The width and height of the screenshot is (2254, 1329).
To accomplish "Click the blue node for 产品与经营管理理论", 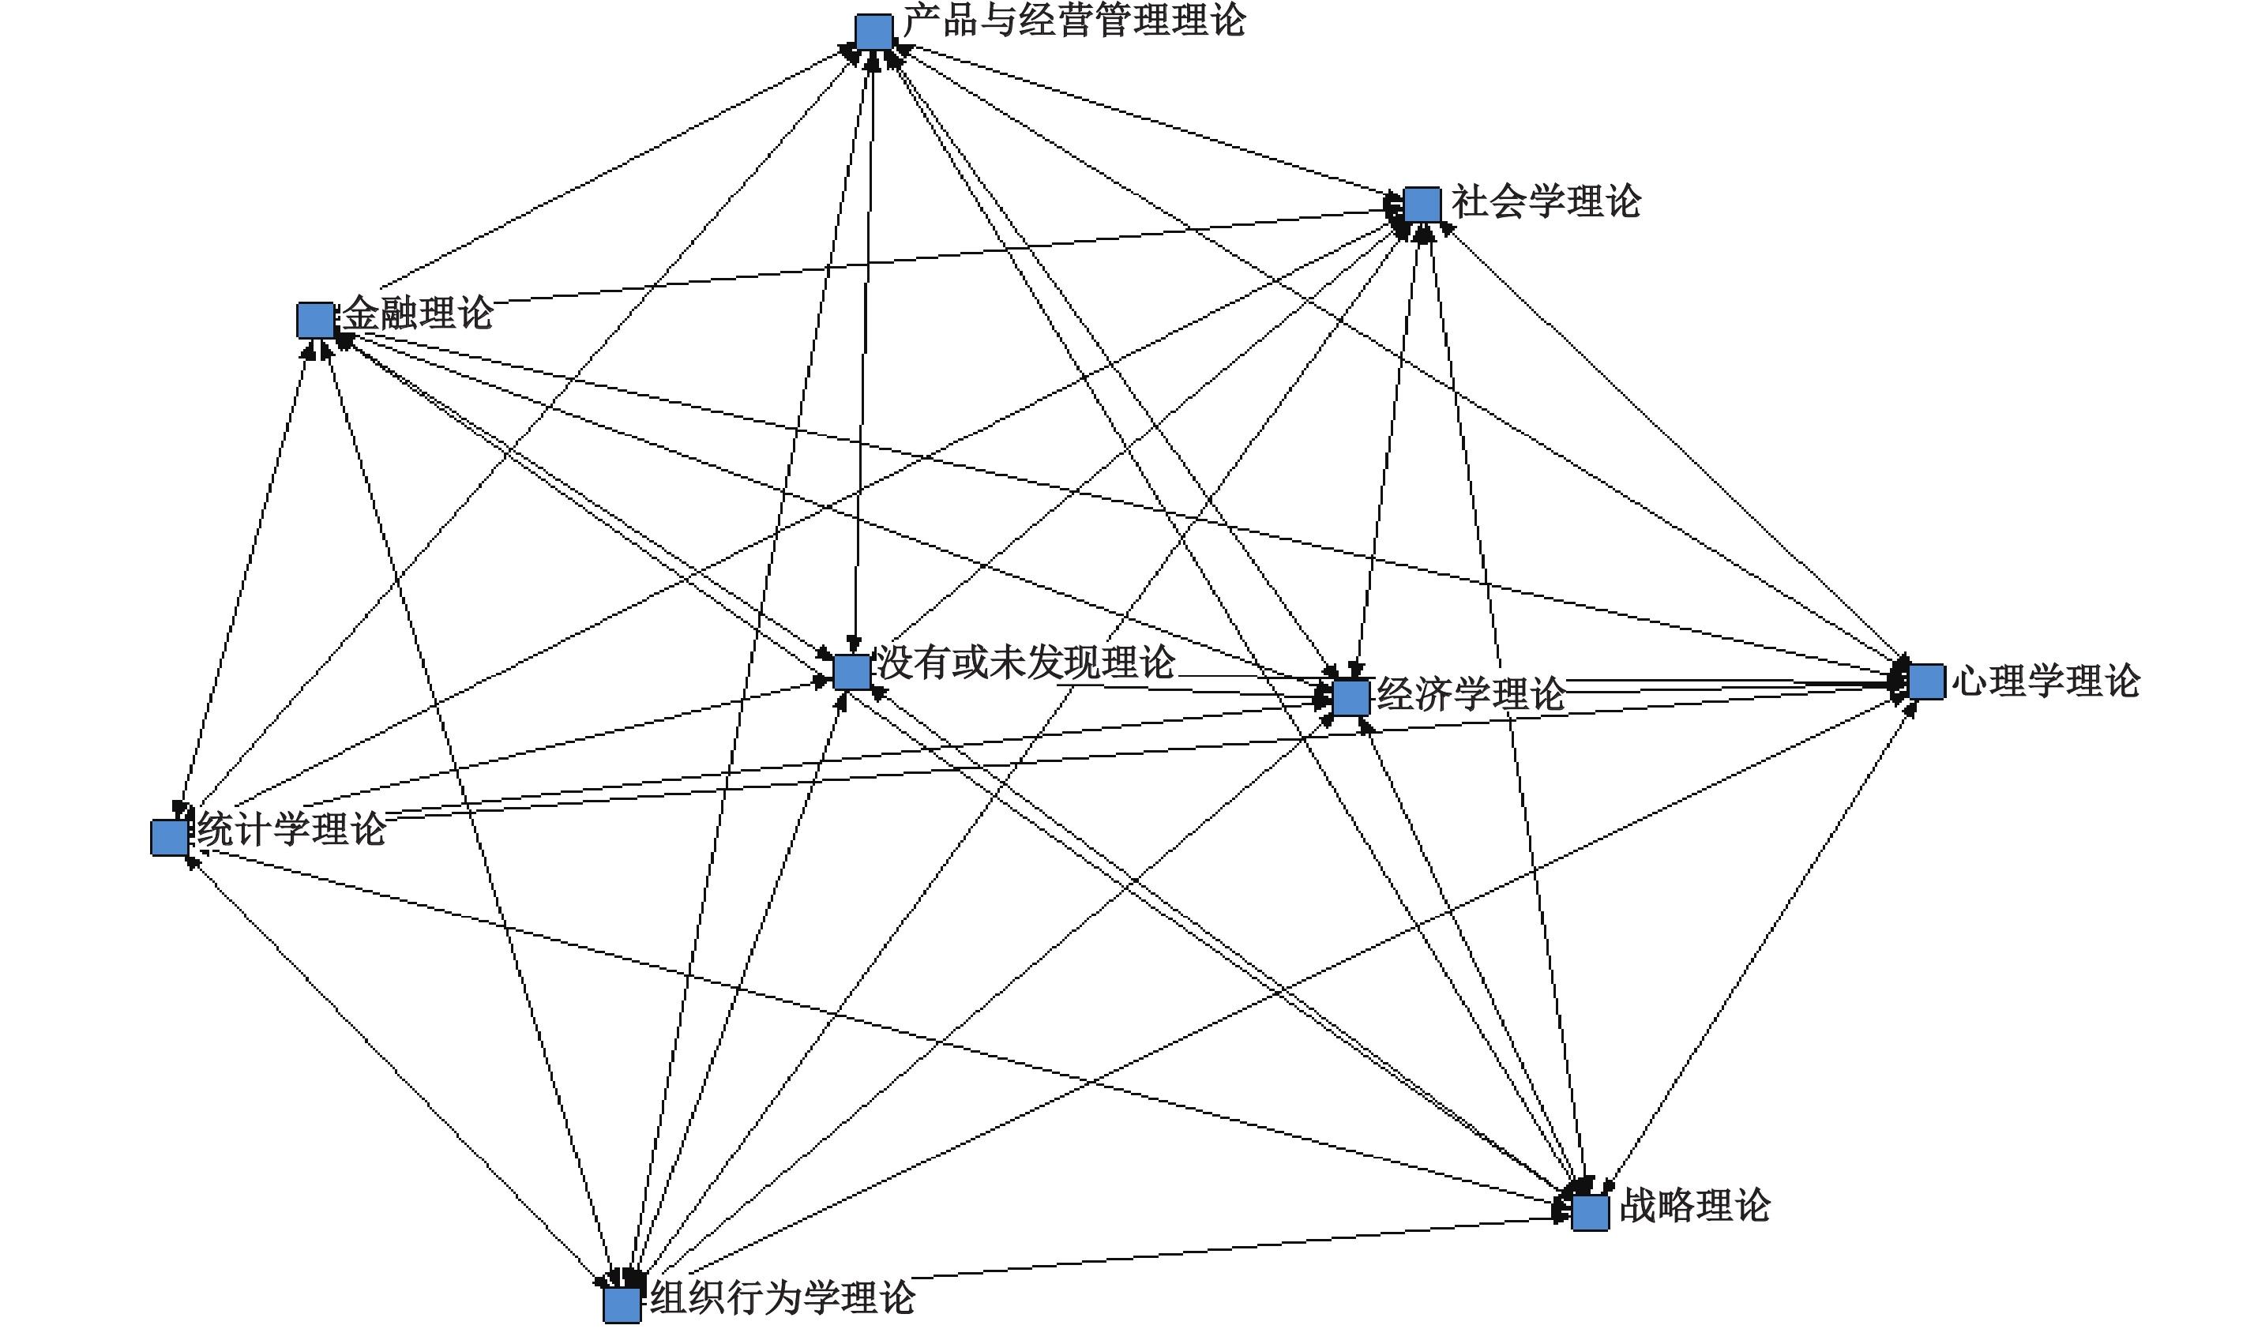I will pos(873,33).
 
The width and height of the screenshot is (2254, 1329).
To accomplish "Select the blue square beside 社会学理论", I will pos(1421,205).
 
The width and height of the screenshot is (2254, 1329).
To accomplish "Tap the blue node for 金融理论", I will pos(315,321).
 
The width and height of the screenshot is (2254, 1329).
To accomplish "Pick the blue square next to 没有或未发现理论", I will pos(851,672).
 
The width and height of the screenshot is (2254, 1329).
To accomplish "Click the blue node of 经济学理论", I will pos(1351,697).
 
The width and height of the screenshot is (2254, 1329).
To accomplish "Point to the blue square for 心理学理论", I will pos(1925,682).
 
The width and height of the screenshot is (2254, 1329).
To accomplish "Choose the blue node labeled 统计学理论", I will pos(169,837).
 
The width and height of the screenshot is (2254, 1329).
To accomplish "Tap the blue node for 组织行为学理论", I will pos(622,1305).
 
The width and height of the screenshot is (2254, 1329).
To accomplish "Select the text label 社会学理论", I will pos(1546,202).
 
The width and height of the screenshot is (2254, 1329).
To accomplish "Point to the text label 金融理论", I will pos(419,313).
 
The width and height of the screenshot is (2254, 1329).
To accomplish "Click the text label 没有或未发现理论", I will pos(1025,663).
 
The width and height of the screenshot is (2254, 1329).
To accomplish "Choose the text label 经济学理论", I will pos(1471,695).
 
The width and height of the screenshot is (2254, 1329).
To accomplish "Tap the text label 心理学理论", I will pos(2046,681).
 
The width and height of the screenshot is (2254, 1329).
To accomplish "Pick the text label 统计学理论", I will pos(292,829).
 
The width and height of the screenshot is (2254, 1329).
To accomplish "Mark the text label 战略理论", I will pos(1695,1207).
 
